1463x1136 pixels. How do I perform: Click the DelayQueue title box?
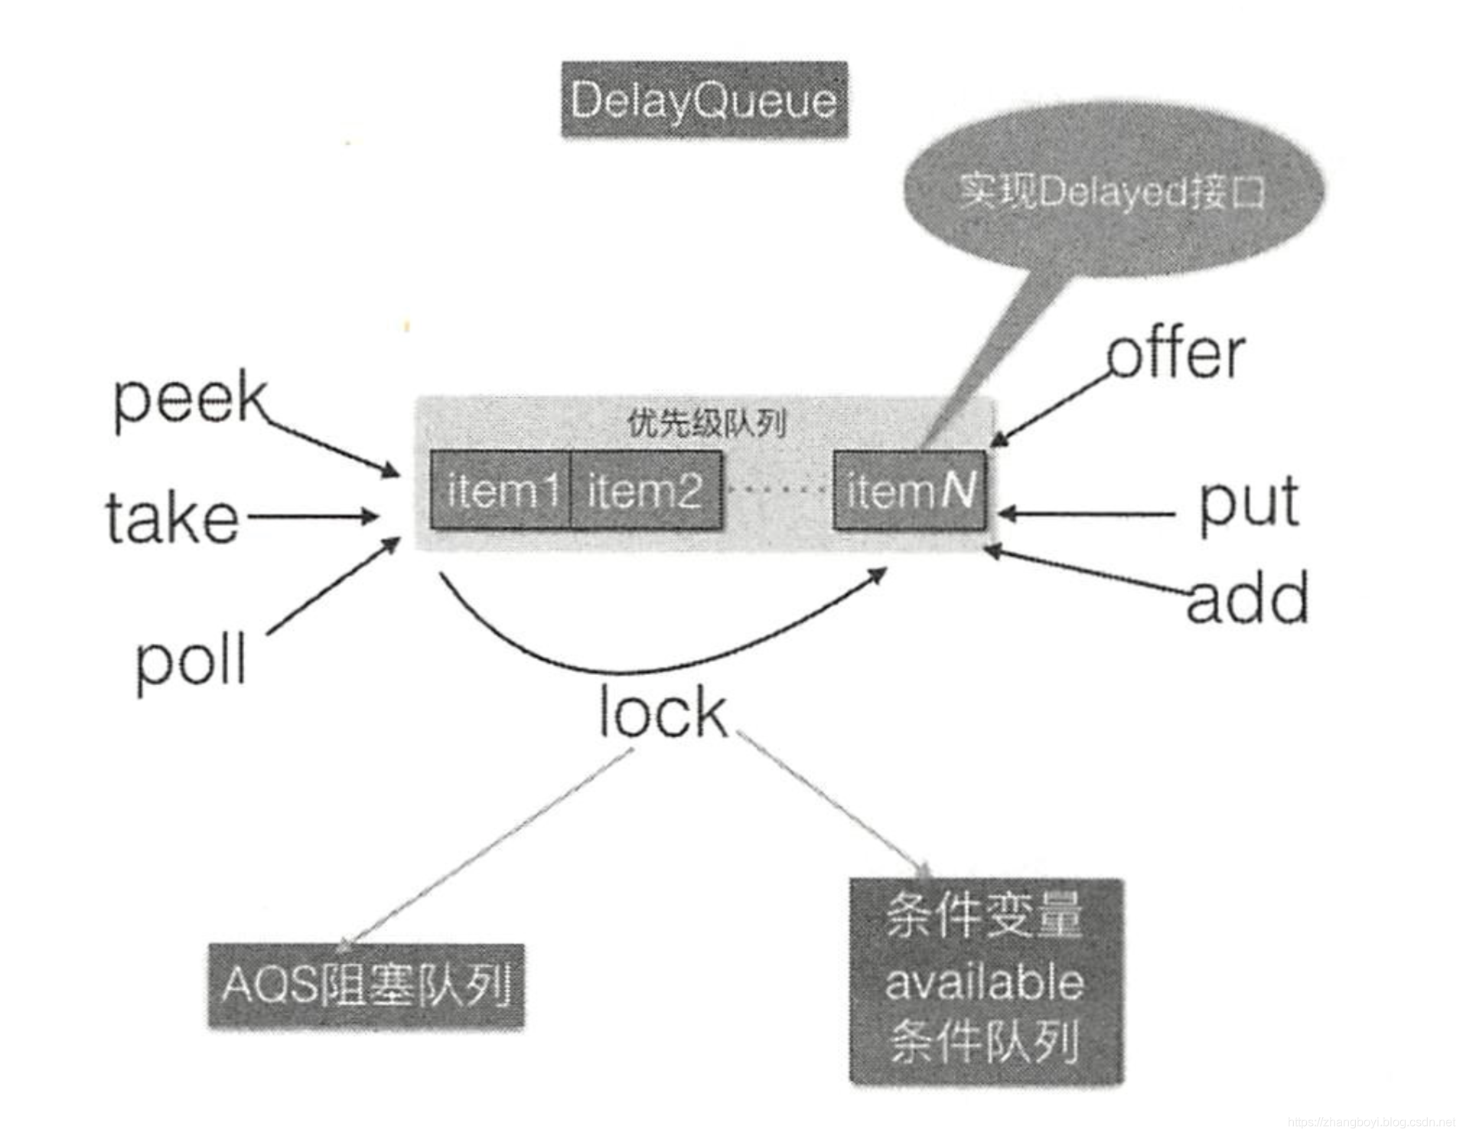(704, 100)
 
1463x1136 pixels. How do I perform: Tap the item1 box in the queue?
(500, 490)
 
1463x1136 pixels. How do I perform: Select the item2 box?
(646, 490)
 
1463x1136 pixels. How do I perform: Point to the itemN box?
(909, 490)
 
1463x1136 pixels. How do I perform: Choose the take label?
(172, 518)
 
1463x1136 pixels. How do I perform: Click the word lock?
(663, 713)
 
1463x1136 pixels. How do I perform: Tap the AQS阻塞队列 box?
(366, 985)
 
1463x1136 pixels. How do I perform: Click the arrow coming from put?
(1087, 514)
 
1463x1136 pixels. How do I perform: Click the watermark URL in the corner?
(1371, 1123)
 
